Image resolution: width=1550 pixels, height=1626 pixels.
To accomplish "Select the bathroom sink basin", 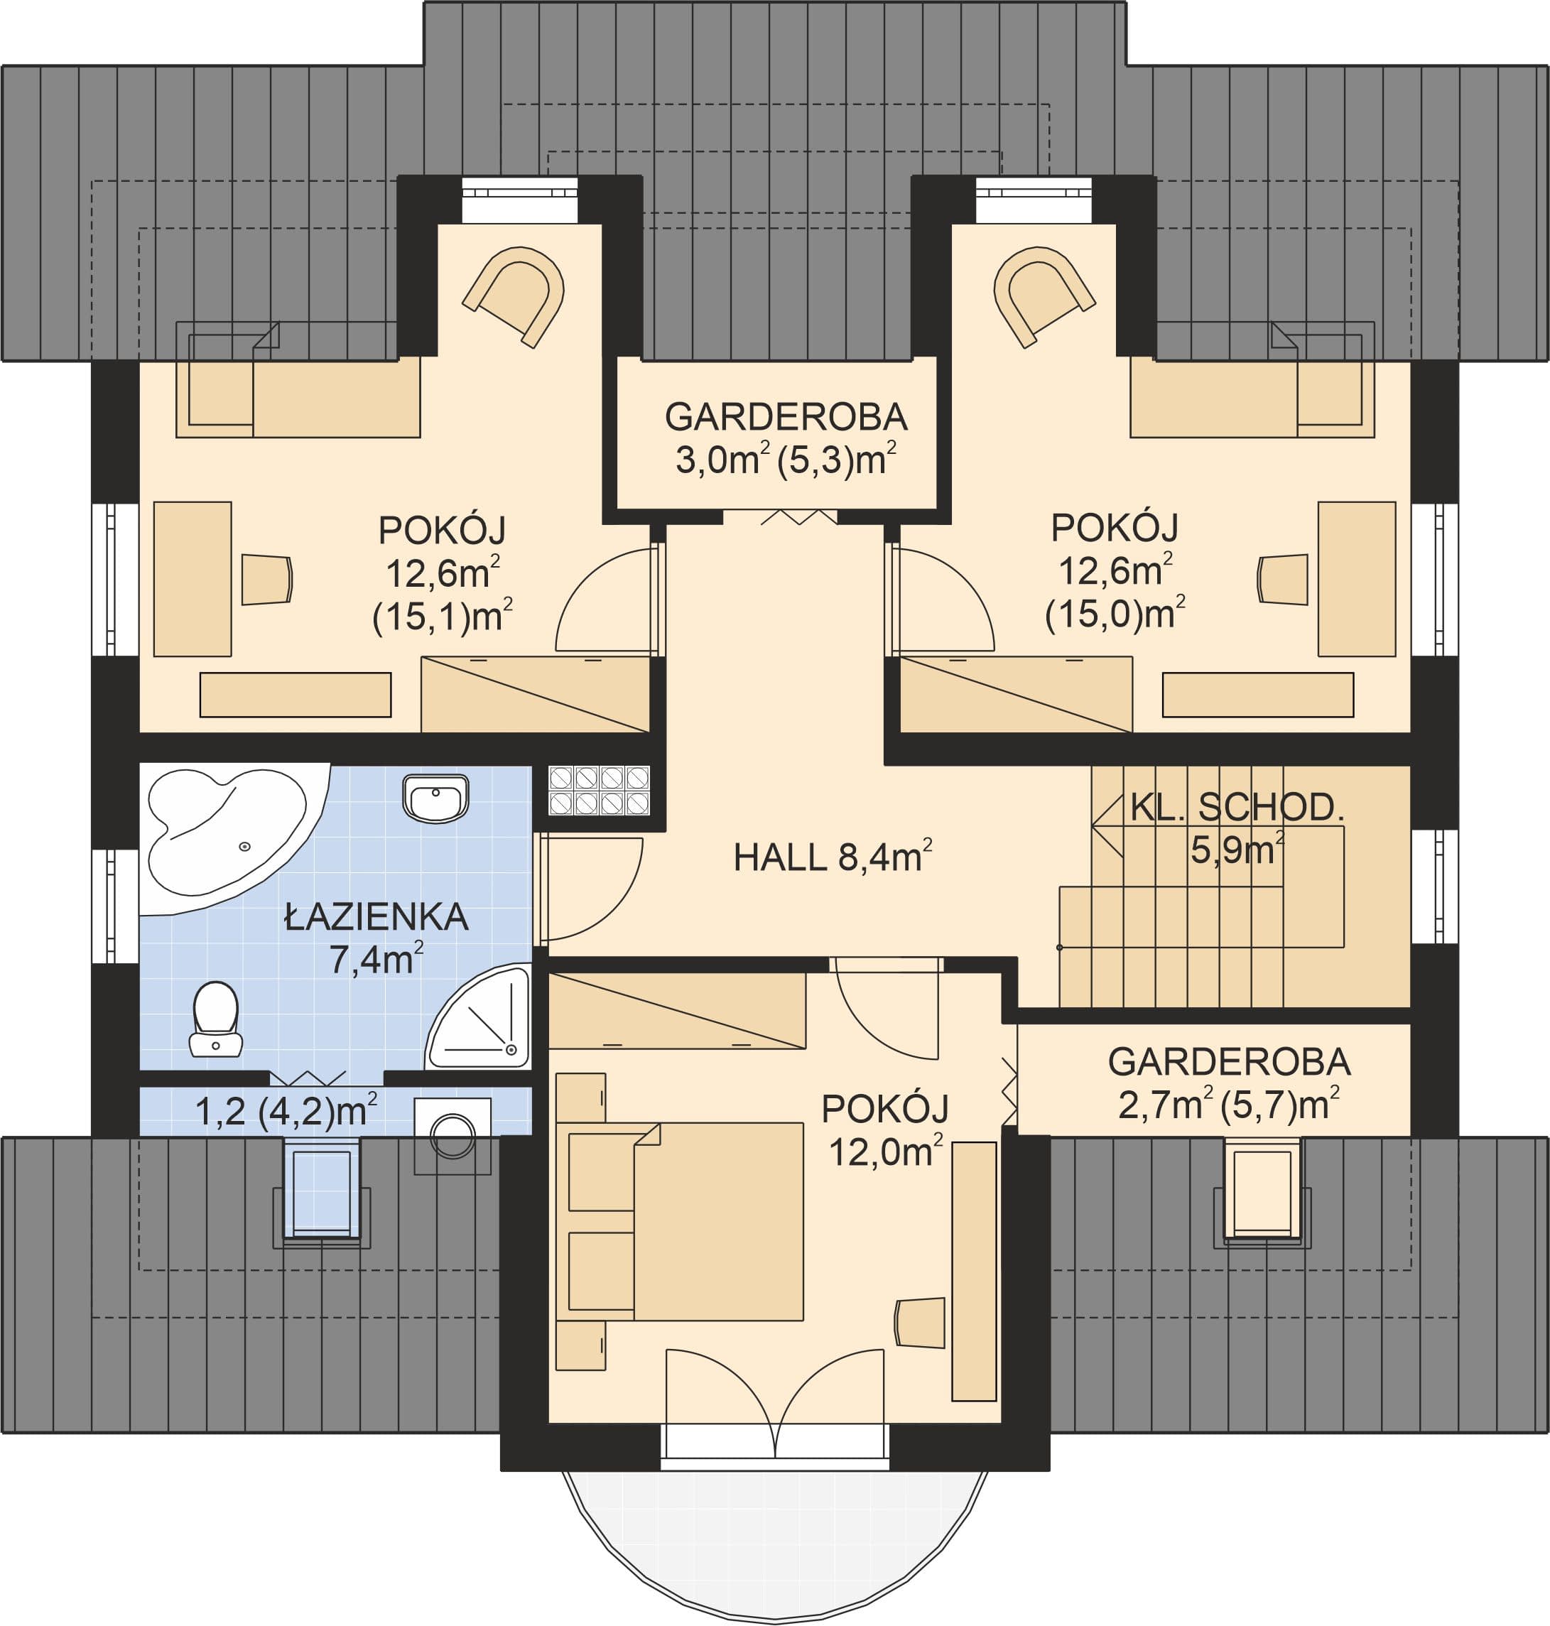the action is pyautogui.click(x=435, y=798).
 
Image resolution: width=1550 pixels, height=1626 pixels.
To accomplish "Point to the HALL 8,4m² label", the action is pyautogui.click(x=833, y=857).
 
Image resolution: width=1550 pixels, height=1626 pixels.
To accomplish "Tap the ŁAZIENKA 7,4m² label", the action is pyautogui.click(x=376, y=938).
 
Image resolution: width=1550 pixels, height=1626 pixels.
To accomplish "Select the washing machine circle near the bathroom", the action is pyautogui.click(x=452, y=1137).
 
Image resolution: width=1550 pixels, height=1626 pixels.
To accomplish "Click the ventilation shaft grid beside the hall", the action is pyautogui.click(x=599, y=791).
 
